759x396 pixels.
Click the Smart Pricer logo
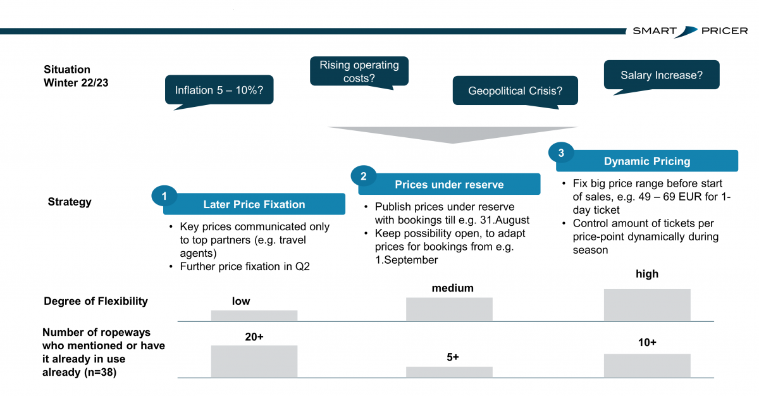coord(690,31)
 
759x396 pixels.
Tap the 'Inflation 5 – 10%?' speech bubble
coord(219,90)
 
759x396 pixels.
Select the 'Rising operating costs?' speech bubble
coord(359,71)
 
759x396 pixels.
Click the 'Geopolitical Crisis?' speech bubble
coord(515,91)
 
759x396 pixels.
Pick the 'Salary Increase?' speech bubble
coord(662,75)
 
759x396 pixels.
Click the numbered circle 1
coord(164,196)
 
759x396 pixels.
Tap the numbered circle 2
coord(364,176)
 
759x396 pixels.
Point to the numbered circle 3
coord(561,153)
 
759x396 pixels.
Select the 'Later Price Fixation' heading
coord(254,204)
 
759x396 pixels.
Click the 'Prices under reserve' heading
coord(449,184)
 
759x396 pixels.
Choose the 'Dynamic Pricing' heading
coord(647,161)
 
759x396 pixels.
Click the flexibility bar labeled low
coord(254,316)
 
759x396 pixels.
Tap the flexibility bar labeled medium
coord(449,309)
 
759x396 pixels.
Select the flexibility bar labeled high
coord(647,305)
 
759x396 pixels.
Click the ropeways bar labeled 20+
coord(254,361)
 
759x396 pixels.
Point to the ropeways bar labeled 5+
coord(449,372)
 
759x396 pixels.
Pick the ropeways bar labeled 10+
coord(647,366)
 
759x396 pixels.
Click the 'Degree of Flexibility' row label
coord(96,301)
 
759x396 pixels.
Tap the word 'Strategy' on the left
coord(70,202)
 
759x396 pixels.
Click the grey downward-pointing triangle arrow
coord(453,135)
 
